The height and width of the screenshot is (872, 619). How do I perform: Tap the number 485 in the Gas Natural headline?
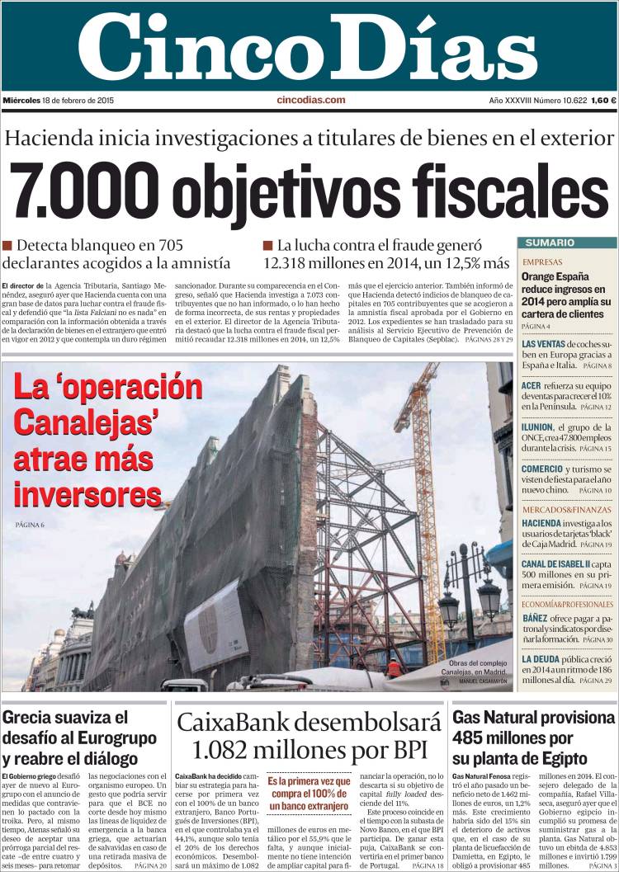tap(470, 738)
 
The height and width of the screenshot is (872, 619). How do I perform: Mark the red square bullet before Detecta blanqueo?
tap(7, 245)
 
